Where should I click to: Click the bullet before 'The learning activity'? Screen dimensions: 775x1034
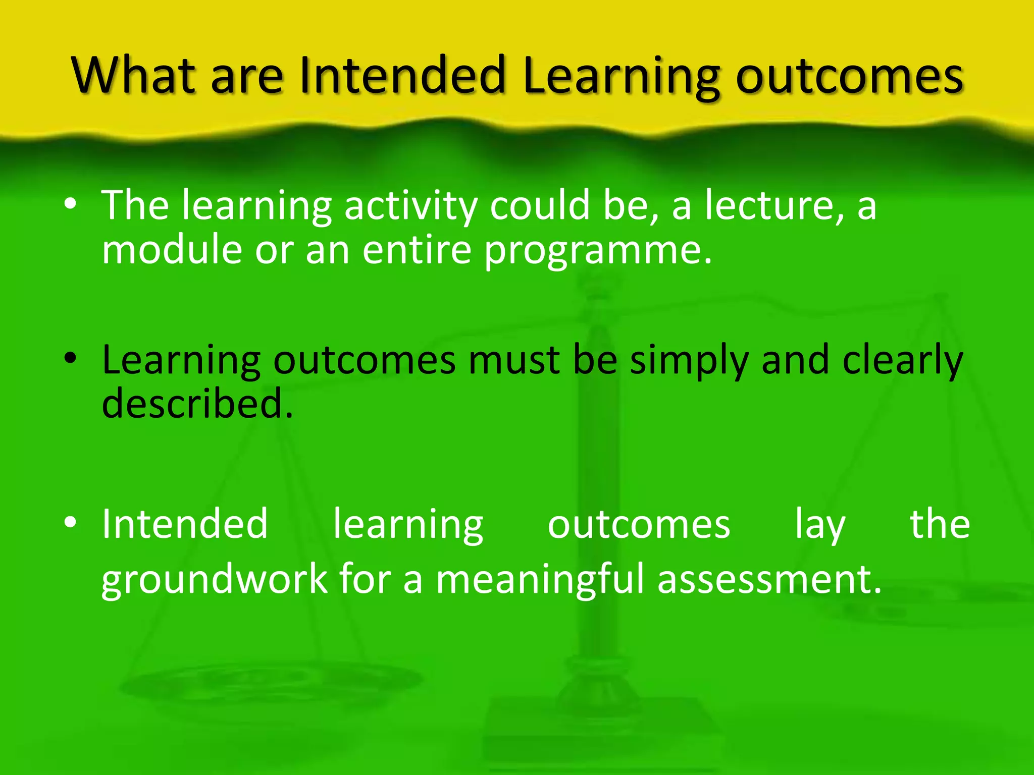tap(71, 204)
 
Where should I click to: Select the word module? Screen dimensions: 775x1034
tap(172, 249)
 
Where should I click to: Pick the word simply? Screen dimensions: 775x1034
tap(689, 361)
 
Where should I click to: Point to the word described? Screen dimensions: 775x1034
tap(197, 404)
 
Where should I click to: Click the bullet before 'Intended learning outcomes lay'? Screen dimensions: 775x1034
tap(71, 523)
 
